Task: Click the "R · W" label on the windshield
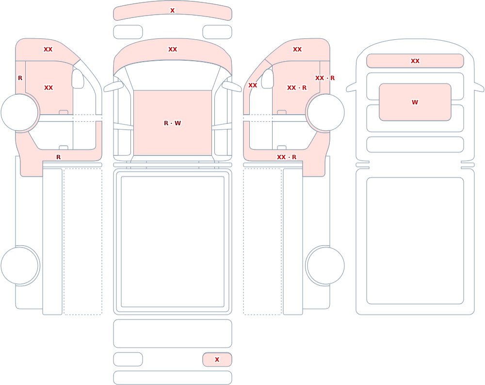click(172, 123)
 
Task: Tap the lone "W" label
click(415, 102)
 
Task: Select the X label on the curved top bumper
click(172, 11)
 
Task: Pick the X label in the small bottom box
click(217, 360)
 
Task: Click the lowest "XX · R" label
click(287, 157)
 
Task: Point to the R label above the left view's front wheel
click(20, 78)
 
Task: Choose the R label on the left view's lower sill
click(59, 157)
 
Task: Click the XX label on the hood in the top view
click(173, 49)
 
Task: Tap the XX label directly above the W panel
click(415, 61)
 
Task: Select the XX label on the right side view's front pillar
click(253, 85)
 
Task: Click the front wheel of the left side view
click(20, 113)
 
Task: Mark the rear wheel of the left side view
click(20, 266)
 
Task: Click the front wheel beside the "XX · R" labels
click(325, 113)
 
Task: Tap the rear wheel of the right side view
click(325, 266)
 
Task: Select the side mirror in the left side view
click(78, 79)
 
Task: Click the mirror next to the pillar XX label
click(268, 79)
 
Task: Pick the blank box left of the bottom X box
click(128, 359)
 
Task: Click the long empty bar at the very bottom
click(173, 378)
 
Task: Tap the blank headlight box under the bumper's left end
click(128, 32)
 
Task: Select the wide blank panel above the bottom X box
click(173, 334)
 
